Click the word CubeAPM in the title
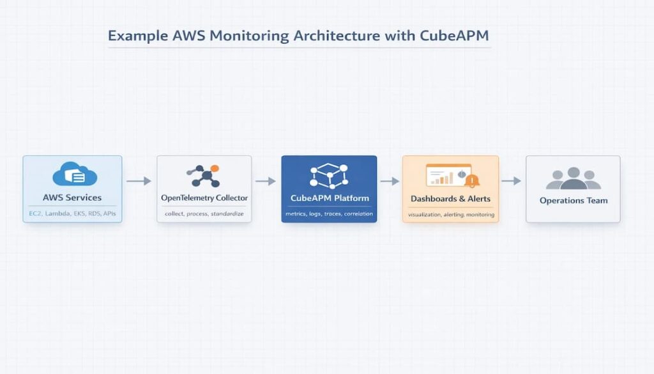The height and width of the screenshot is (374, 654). pos(454,36)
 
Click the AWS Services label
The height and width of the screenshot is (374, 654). pos(72,198)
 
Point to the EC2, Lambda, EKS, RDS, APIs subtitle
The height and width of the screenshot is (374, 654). pos(72,214)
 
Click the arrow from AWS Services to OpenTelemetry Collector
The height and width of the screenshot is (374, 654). pos(139,182)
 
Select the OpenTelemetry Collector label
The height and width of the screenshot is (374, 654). pos(204,198)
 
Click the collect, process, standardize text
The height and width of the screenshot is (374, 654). pos(204,214)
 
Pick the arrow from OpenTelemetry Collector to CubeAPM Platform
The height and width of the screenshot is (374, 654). pos(266,182)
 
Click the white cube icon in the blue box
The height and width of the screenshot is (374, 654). pos(329,176)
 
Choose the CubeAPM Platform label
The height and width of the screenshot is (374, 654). pos(329,198)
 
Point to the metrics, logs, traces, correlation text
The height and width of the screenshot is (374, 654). pos(329,214)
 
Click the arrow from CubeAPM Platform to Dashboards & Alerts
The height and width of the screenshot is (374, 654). pos(390,182)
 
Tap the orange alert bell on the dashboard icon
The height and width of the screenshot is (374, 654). pos(472,181)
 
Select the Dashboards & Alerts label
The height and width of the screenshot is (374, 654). pos(450,199)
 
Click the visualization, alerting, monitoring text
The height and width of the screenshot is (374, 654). pos(450,215)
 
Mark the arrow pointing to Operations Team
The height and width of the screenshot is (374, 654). pos(511,182)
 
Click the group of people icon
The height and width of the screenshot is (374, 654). pos(573,178)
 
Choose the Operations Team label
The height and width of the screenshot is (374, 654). pos(573,201)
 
